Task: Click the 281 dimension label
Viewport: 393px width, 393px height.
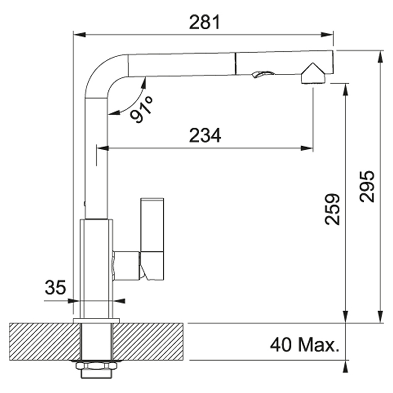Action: coord(204,22)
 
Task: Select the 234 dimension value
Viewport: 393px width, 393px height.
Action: coord(205,135)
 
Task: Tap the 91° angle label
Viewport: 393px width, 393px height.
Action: coord(141,109)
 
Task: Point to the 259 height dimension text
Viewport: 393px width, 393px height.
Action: coord(332,209)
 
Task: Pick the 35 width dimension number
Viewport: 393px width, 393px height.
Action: coord(55,287)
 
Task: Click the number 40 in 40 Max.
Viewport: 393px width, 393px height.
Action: coord(281,345)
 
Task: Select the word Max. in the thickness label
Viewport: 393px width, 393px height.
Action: coord(319,345)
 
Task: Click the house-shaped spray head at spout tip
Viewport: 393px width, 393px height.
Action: coord(313,73)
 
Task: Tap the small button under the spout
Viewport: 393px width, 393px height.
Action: coord(263,74)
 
